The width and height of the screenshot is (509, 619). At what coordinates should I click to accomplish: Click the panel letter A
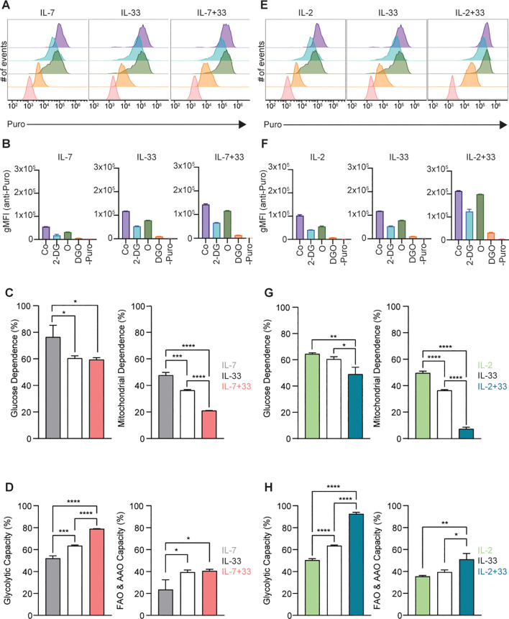[6, 5]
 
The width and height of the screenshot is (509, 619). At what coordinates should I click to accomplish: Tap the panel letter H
[268, 487]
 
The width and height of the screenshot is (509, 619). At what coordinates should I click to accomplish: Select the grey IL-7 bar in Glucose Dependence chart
[53, 388]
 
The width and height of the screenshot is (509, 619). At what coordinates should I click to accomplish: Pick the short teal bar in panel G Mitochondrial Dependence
[466, 434]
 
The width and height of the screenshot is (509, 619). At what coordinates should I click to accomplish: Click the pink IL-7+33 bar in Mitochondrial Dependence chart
[209, 425]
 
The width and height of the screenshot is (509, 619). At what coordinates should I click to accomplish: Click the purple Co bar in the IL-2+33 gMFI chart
[459, 216]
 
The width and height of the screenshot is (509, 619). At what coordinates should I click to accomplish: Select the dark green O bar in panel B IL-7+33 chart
[227, 224]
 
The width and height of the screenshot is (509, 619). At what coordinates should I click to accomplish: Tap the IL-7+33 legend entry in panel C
[236, 387]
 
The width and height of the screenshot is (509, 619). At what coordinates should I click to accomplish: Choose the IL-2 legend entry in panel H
[485, 550]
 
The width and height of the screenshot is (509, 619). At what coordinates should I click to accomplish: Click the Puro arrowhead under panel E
[503, 125]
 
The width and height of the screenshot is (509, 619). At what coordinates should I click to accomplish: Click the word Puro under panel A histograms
[16, 124]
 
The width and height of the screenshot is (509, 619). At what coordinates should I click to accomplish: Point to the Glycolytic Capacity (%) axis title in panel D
[7, 560]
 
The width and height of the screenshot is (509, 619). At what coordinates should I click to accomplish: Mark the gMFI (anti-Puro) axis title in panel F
[263, 201]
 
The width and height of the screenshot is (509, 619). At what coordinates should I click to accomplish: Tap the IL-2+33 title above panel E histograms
[469, 13]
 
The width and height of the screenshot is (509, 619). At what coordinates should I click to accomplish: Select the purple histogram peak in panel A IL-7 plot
[60, 24]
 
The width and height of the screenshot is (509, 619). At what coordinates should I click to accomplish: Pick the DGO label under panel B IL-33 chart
[159, 252]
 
